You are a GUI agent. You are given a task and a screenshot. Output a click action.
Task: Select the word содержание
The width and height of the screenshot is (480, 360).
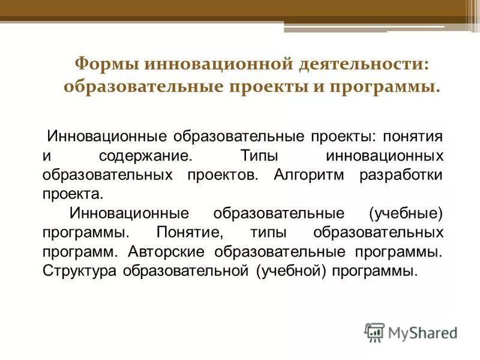[x=145, y=156]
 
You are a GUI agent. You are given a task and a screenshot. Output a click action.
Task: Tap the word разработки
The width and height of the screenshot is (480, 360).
[x=401, y=175]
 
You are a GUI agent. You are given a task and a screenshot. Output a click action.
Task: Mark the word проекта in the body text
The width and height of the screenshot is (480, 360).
[x=73, y=194]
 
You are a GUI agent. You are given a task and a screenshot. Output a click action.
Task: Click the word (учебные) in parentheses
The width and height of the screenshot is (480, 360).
[x=406, y=213]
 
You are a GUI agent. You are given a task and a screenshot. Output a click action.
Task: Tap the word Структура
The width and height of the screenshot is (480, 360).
[x=80, y=270]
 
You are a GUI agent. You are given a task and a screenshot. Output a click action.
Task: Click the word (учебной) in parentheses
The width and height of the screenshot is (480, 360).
[x=290, y=270]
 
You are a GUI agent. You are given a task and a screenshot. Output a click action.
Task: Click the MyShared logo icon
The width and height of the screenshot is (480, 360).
[x=374, y=332]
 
